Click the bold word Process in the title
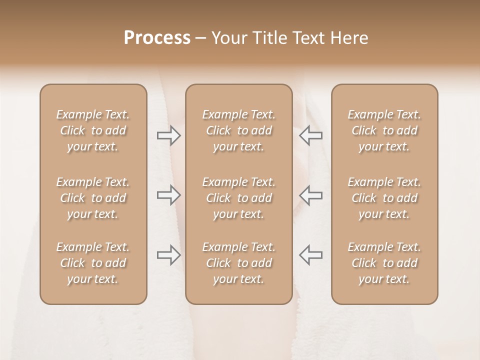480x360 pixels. tap(157, 38)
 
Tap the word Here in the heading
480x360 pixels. tap(348, 38)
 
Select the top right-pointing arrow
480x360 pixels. tap(169, 135)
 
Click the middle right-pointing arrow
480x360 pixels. tap(169, 195)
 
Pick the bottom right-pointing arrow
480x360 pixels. tap(169, 255)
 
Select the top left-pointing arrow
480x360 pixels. tap(310, 135)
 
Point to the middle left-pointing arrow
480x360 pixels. tap(310, 195)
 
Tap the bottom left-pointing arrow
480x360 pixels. tap(310, 255)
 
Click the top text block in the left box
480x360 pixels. tap(93, 130)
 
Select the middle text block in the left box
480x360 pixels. tap(93, 198)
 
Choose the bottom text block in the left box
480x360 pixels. tap(93, 263)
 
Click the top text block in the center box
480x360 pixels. tap(239, 130)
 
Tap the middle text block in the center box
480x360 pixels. tap(239, 198)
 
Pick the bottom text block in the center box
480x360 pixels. tap(239, 263)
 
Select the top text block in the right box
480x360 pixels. tap(384, 130)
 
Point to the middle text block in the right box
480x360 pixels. tap(384, 198)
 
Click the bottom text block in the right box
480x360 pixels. tap(384, 263)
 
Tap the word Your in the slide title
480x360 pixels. tap(227, 38)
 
